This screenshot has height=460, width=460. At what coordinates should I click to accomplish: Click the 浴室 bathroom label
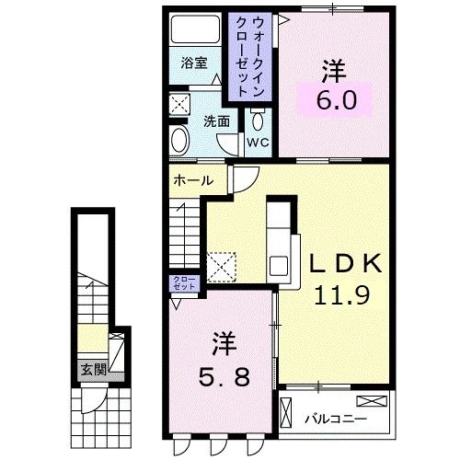click(194, 63)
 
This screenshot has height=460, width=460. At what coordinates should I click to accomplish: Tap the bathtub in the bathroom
click(195, 29)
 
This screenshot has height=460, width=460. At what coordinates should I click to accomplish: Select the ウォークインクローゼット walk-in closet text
click(250, 57)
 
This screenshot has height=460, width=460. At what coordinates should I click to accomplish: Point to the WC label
click(259, 143)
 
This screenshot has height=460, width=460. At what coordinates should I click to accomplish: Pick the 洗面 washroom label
click(217, 121)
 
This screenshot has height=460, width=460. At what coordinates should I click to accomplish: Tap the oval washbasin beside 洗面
click(180, 140)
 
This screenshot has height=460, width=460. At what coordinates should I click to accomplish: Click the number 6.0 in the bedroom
click(337, 100)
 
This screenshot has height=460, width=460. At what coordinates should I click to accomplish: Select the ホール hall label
click(193, 180)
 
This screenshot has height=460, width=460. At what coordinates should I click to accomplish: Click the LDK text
click(346, 263)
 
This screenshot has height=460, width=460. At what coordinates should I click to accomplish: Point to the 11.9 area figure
click(341, 294)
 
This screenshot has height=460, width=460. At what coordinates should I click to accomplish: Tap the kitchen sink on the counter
click(279, 266)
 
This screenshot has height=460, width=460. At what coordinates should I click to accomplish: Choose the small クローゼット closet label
click(184, 283)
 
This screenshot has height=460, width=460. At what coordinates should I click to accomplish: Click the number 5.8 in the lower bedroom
click(224, 376)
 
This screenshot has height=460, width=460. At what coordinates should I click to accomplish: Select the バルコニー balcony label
click(336, 419)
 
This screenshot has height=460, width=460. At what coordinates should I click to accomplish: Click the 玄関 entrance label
click(94, 370)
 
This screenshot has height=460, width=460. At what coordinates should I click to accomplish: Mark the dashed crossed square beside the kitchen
click(222, 267)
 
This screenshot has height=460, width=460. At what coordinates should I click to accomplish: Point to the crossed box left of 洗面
click(180, 104)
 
